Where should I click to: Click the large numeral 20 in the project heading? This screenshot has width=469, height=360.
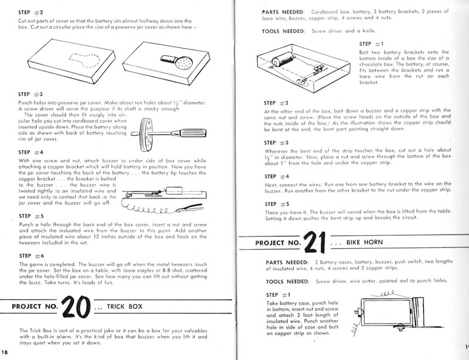point(79,307)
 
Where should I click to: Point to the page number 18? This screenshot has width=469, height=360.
point(5,351)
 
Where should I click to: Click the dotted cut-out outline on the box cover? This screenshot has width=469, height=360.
point(81,59)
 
